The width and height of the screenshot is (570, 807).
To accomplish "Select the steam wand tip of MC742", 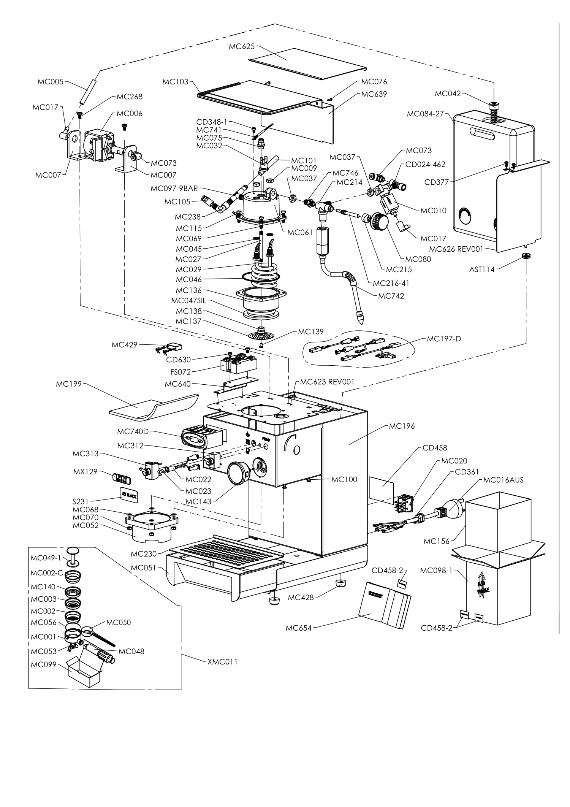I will point(359,318).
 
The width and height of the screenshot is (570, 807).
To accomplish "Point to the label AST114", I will point(482,270).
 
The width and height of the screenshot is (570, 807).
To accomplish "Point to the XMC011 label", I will point(222,662).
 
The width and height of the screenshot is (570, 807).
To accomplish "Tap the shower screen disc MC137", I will point(261,336).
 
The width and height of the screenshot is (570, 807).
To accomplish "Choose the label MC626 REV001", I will point(456,249).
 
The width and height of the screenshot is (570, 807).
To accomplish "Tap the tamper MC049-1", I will point(73,556).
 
